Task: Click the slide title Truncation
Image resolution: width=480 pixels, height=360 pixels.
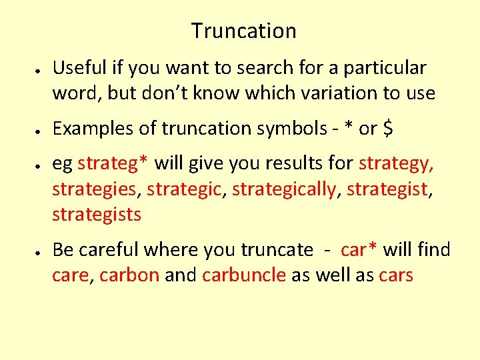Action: tap(243, 31)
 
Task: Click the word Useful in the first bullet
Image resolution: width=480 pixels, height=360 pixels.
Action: tap(77, 67)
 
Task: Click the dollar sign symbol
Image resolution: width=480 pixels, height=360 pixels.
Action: tap(387, 128)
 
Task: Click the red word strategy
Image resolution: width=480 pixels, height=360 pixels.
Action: tap(397, 164)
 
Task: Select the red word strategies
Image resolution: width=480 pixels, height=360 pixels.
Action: tap(94, 189)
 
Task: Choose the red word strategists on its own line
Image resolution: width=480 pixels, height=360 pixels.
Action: tap(97, 214)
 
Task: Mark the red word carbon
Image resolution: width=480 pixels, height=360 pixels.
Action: tap(129, 275)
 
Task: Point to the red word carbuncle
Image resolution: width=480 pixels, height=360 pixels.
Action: tap(244, 275)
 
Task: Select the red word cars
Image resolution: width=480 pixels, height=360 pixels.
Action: tap(395, 275)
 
